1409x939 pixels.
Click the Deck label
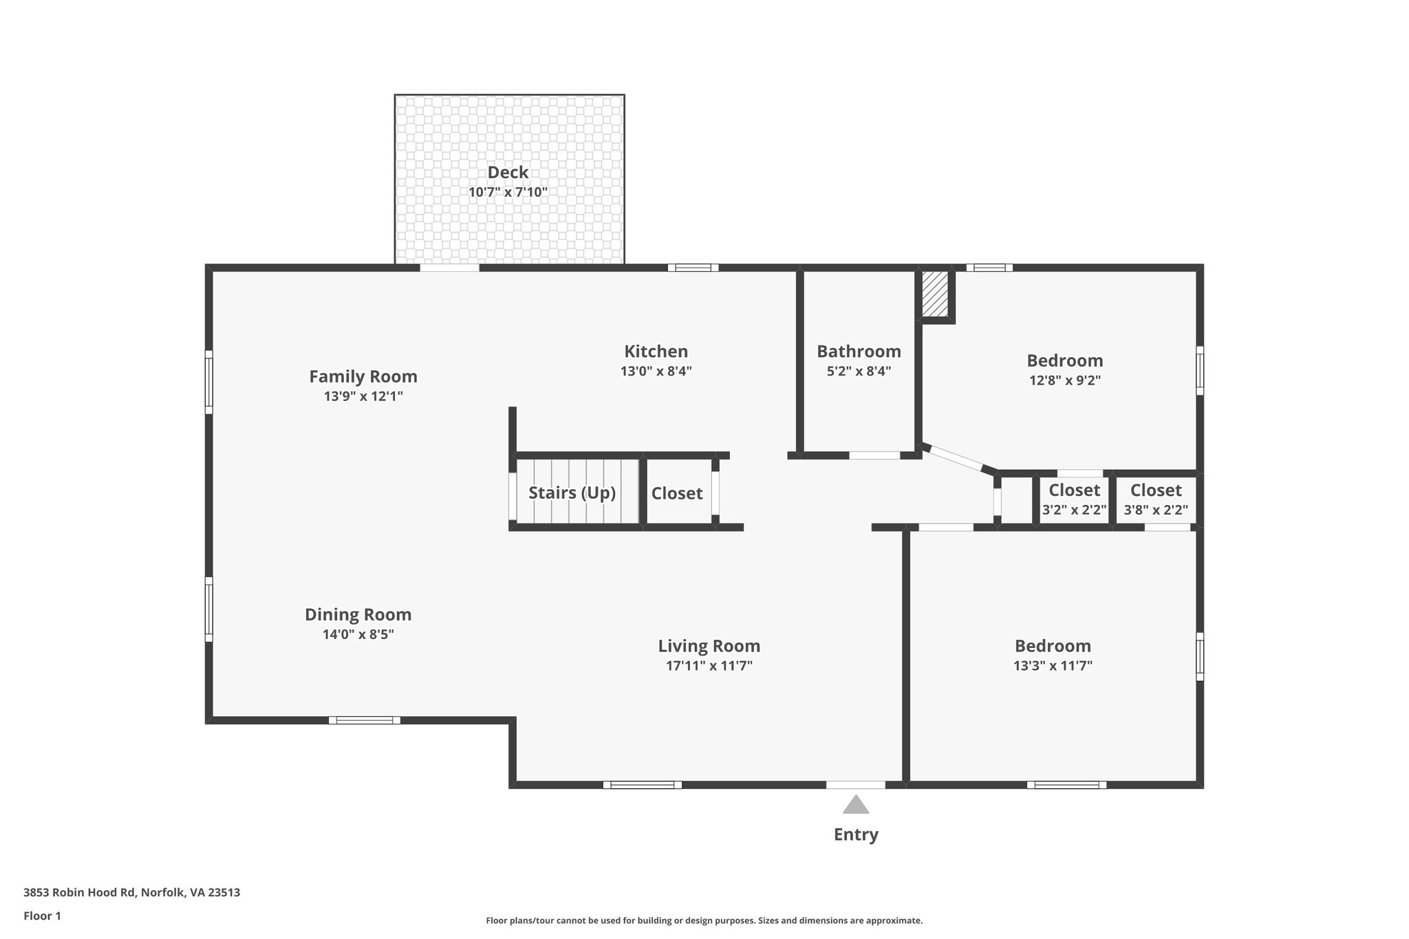click(x=508, y=172)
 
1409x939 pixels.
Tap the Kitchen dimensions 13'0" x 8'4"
click(x=656, y=371)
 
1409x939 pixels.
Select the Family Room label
click(x=363, y=376)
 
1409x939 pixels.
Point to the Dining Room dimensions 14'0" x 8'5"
click(x=358, y=634)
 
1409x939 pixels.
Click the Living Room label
click(x=709, y=646)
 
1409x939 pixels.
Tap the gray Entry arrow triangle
click(x=855, y=806)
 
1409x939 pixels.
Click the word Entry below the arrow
click(x=856, y=834)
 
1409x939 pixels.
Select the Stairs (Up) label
click(x=572, y=493)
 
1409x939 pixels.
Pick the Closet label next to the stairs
click(x=677, y=493)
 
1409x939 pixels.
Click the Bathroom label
click(x=859, y=352)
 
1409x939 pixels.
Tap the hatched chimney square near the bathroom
click(x=934, y=294)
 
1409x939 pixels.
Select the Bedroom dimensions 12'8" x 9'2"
click(x=1064, y=380)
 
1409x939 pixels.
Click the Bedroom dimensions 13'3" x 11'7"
click(x=1053, y=666)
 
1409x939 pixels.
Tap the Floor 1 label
click(x=42, y=916)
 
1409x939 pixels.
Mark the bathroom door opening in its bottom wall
click(x=874, y=455)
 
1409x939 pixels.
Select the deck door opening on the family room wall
click(x=449, y=268)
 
